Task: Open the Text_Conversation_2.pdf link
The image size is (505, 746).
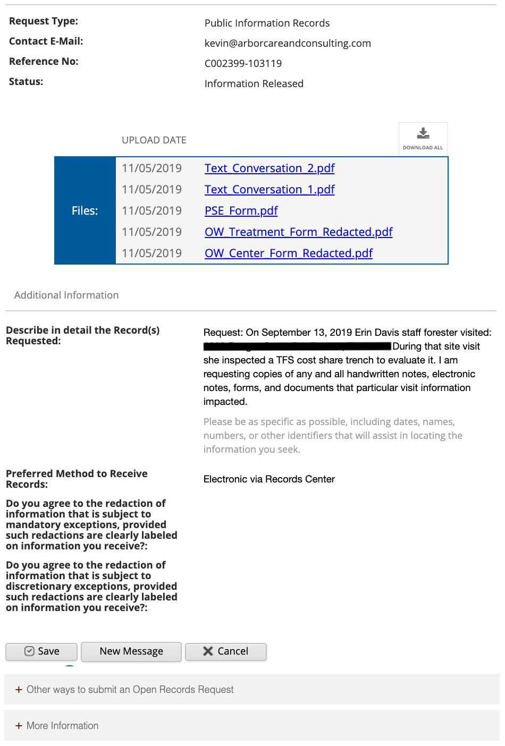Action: pos(270,168)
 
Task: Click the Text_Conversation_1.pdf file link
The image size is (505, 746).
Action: pos(270,190)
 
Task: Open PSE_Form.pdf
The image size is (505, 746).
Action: pos(241,211)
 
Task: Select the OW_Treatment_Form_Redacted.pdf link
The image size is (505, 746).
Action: pos(298,232)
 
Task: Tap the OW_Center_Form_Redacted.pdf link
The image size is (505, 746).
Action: pos(289,253)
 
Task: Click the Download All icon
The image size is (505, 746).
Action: pos(423,139)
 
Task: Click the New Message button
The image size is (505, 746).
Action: pos(131,651)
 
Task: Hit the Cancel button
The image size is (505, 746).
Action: pos(226,651)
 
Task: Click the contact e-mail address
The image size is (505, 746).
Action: pos(288,44)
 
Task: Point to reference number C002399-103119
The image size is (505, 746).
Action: pos(243,64)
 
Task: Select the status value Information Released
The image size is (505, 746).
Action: pos(254,84)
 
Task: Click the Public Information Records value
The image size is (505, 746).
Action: pos(267,23)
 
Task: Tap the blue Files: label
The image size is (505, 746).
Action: pos(85,211)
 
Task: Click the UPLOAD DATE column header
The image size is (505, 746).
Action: pos(154,140)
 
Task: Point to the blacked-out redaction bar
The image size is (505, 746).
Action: pos(298,346)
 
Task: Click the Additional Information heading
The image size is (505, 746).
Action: pos(66,295)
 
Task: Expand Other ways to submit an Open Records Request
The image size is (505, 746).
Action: pos(130,690)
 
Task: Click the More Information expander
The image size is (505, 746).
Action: pos(62,726)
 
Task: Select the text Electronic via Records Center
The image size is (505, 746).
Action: pos(269,479)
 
